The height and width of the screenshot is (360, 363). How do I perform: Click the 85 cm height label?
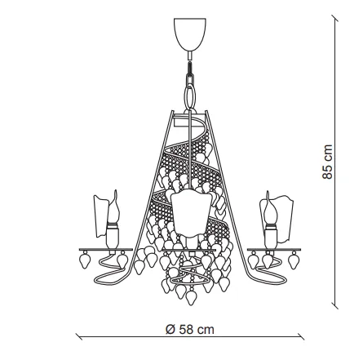(x=327, y=162)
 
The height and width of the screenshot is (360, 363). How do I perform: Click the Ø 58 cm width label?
(x=190, y=330)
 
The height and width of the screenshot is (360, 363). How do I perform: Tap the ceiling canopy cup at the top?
(x=190, y=34)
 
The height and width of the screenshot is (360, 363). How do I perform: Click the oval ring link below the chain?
(x=190, y=96)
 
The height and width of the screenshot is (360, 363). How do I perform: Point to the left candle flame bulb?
(x=113, y=207)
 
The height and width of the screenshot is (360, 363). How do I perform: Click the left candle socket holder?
(x=113, y=235)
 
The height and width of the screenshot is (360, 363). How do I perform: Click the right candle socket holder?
(x=271, y=236)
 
